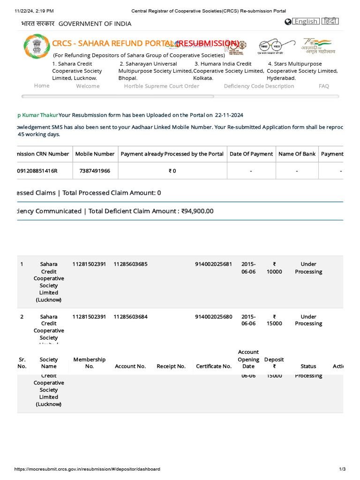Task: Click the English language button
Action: [x=305, y=21]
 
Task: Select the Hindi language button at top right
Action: [x=330, y=21]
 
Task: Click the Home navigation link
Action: [x=42, y=86]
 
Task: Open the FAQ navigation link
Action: [x=323, y=86]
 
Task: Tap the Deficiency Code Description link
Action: [x=259, y=86]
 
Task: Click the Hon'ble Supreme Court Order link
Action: [x=161, y=86]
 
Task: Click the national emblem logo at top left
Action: [x=36, y=46]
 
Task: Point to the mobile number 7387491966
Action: [x=95, y=171]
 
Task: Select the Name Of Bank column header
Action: [x=297, y=154]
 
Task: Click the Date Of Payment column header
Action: [x=251, y=154]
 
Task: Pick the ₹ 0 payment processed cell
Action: [x=172, y=171]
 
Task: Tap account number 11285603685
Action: [x=130, y=264]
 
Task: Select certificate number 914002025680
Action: [x=213, y=317]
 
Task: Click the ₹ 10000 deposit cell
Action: [x=274, y=268]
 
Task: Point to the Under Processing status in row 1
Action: [x=308, y=268]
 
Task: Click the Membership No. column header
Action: [x=89, y=363]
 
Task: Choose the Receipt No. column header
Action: [x=171, y=367]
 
